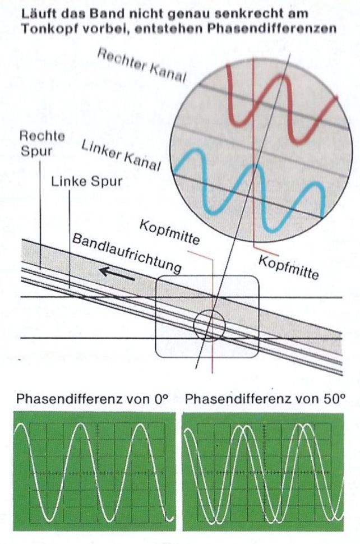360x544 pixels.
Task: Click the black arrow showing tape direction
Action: click(x=118, y=274)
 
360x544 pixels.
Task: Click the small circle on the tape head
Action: click(x=209, y=325)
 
